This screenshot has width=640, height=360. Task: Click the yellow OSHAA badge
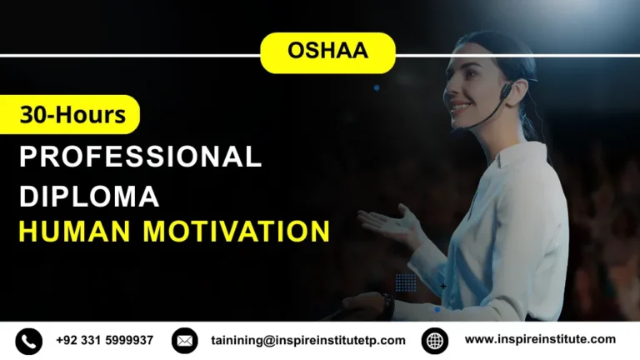(x=327, y=52)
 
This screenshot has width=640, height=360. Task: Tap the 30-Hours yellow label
(x=72, y=115)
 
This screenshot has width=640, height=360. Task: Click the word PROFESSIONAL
(x=140, y=156)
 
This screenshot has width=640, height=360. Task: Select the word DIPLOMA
(x=89, y=197)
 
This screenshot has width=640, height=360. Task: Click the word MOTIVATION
(x=235, y=230)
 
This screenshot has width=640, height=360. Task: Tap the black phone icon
(x=29, y=340)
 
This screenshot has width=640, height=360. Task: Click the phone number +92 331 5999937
(x=105, y=340)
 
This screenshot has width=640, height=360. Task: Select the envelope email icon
(x=185, y=340)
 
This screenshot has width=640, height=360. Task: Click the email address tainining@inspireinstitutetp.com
(x=308, y=340)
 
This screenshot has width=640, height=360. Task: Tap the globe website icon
(x=435, y=340)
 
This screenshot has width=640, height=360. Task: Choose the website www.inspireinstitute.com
(x=540, y=339)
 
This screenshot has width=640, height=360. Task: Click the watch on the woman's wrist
(x=387, y=303)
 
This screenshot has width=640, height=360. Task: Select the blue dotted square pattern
(x=406, y=282)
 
